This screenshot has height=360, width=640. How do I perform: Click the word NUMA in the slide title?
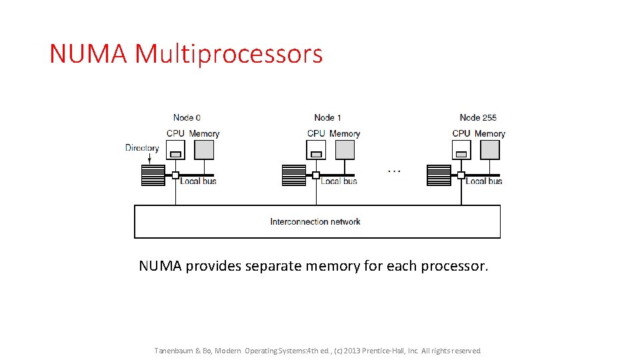tap(89, 54)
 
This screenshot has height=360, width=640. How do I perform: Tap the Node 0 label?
tap(187, 118)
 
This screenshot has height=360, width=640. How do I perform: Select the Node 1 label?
tap(327, 118)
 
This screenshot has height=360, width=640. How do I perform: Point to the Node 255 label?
tap(478, 118)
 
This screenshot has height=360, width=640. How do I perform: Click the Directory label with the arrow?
tap(142, 148)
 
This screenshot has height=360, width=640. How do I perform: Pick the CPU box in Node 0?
tap(176, 150)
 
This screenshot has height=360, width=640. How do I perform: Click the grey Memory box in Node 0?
tap(203, 150)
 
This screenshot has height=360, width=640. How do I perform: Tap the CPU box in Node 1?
tap(317, 150)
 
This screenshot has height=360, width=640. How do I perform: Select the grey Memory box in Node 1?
tap(345, 150)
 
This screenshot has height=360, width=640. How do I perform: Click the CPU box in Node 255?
tap(461, 150)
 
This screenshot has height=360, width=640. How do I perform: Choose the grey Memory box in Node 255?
tap(489, 150)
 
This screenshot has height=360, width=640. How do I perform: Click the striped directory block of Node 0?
tap(153, 175)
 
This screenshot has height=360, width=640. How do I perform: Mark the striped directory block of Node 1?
tap(294, 175)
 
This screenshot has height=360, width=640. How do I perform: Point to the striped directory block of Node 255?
tap(439, 175)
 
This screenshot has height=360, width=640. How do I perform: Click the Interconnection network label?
tap(315, 222)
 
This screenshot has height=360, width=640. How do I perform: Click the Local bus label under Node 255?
tap(484, 181)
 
